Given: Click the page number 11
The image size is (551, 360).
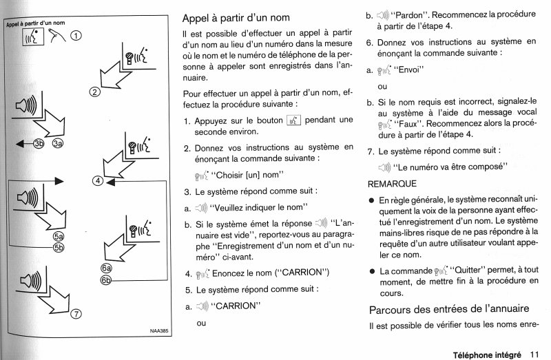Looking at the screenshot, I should click(x=535, y=354).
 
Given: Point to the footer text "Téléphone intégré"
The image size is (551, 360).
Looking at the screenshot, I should click(x=486, y=354).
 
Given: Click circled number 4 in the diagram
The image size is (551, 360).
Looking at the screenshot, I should click(x=98, y=181).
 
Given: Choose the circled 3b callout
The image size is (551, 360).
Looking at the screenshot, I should click(x=39, y=143).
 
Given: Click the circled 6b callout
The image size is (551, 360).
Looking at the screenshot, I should click(x=106, y=279).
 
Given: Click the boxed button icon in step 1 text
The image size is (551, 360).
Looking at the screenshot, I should click(x=293, y=120).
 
